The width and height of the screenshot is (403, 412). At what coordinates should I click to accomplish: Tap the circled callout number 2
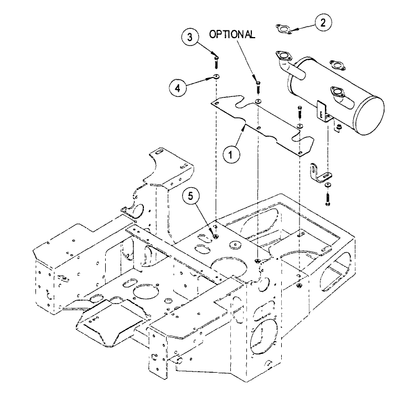coord(323,23)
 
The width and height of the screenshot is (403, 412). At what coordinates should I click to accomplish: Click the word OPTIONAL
coord(232,34)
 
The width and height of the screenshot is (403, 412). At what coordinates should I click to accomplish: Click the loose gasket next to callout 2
coord(285,28)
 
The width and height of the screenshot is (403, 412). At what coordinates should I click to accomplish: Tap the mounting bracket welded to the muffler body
coord(324,111)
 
